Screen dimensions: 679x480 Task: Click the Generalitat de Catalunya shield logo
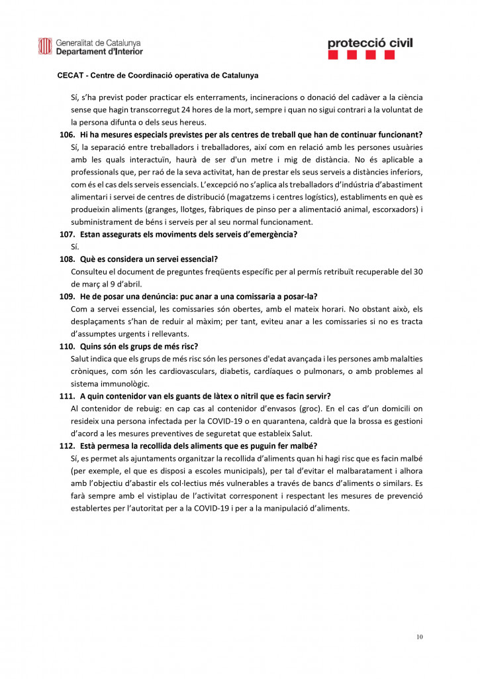(x=45, y=46)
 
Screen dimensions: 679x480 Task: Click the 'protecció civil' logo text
(x=369, y=43)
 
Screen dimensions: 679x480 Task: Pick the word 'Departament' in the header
(x=80, y=51)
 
